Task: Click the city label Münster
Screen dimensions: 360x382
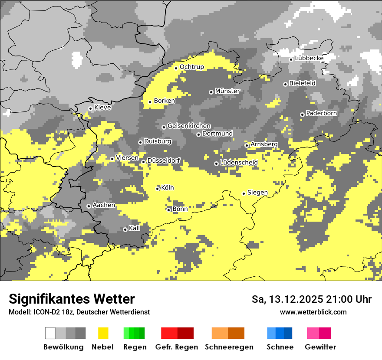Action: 227,91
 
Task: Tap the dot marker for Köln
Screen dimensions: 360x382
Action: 158,188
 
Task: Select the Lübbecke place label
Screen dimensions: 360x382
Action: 309,58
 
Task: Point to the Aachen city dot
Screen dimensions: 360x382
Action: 89,206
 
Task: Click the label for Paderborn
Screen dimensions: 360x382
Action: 321,113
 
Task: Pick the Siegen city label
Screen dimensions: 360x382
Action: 257,193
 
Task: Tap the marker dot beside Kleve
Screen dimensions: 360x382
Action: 90,108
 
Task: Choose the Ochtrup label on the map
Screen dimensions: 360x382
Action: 191,67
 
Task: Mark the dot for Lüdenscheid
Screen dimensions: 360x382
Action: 216,164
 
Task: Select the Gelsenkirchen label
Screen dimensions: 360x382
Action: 189,126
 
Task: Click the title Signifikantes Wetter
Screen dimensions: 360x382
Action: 72,299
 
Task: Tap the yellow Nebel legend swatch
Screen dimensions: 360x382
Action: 103,333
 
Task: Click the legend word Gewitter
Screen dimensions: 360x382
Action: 320,347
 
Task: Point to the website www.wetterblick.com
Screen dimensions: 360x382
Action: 313,312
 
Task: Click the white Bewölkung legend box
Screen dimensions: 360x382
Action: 50,333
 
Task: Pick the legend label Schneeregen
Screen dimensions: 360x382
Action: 229,347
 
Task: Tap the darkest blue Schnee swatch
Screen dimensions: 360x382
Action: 288,333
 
